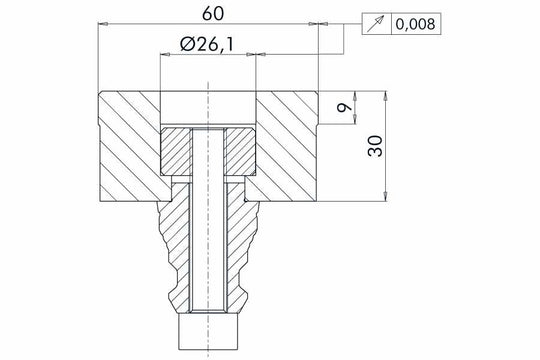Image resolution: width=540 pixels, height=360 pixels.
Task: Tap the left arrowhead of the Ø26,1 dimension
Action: [164, 56]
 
